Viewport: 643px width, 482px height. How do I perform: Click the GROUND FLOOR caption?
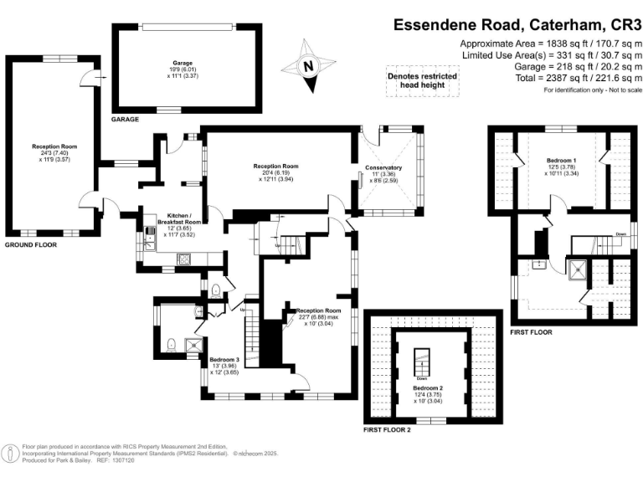pos(33,245)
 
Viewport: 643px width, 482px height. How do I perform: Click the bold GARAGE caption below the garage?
pos(125,120)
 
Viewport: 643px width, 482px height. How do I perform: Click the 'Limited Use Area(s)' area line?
pos(549,54)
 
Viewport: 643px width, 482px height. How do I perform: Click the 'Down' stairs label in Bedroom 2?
pos(422,377)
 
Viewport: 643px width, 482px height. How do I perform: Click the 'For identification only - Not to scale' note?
pos(591,90)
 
